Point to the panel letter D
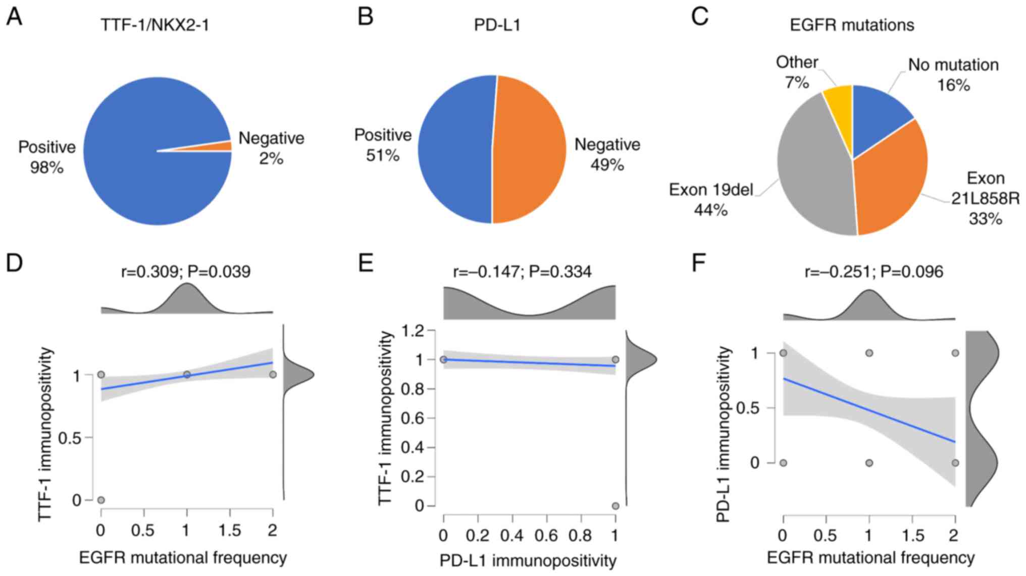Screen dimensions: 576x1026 click(14, 263)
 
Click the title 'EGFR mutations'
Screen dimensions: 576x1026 click(852, 25)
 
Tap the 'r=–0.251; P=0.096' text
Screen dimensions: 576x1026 click(874, 272)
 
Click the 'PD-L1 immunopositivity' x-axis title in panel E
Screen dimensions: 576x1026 click(528, 561)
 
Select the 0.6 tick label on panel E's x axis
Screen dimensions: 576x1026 click(546, 535)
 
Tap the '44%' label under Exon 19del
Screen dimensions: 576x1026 click(710, 210)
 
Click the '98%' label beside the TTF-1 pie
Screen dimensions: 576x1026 click(46, 167)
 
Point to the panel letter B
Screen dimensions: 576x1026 click(365, 16)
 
